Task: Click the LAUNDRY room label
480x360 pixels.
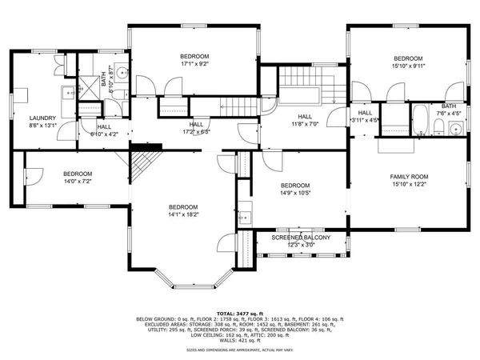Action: [42, 118]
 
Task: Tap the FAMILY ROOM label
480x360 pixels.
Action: [409, 176]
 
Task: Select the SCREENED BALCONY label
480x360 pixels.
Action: [301, 238]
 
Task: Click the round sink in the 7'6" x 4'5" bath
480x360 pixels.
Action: [454, 131]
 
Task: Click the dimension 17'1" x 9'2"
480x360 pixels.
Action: [194, 65]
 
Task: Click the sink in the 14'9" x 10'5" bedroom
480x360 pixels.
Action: [243, 215]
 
